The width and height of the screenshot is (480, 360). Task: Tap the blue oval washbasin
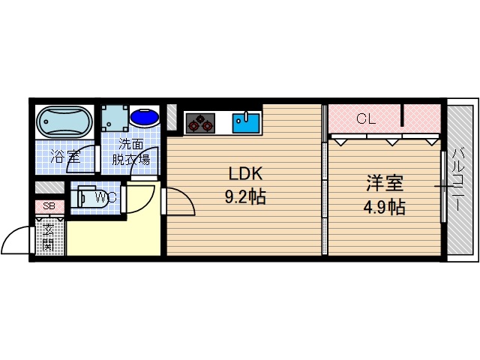click(x=145, y=118)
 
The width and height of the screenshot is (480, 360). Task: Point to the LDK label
click(x=245, y=174)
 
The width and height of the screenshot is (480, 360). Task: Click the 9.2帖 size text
click(x=245, y=197)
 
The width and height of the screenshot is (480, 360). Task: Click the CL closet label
click(x=365, y=118)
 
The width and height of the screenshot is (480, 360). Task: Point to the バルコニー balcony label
click(x=458, y=179)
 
